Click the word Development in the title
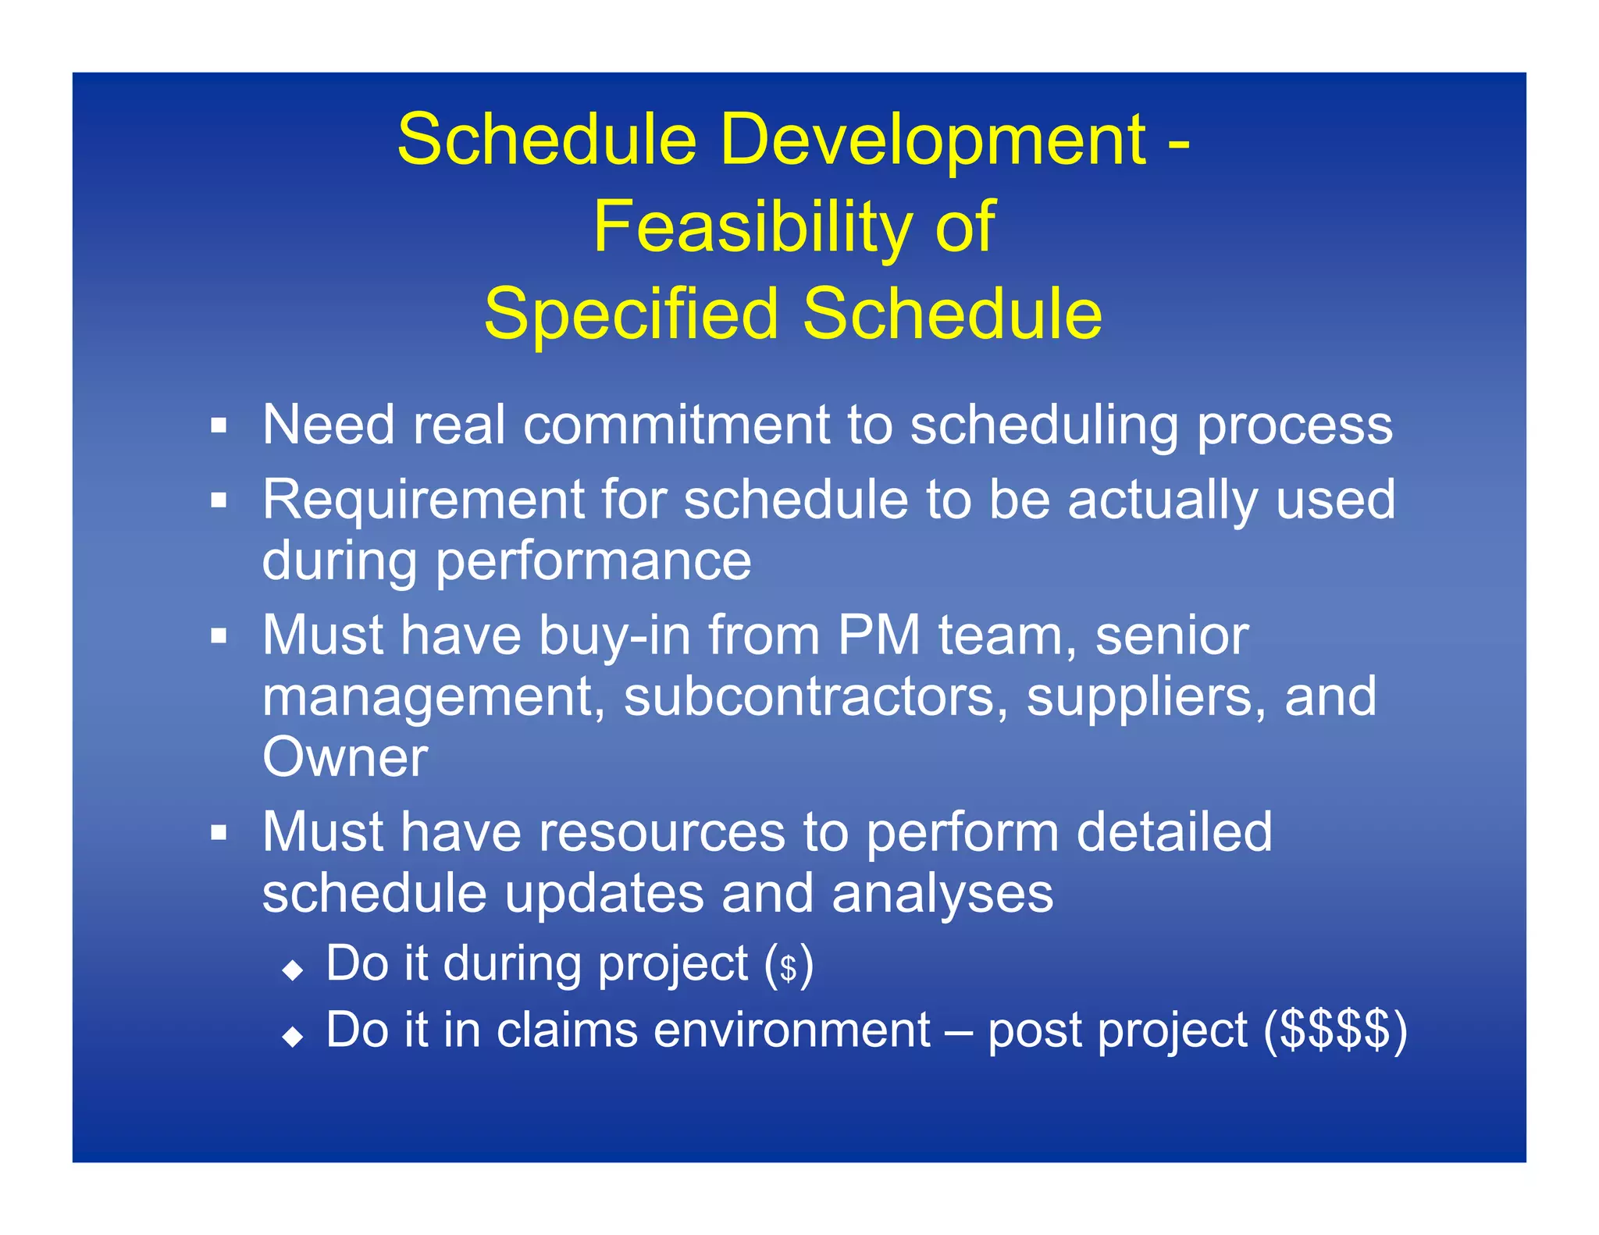tap(933, 141)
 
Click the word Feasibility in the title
tap(752, 228)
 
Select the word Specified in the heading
tap(631, 315)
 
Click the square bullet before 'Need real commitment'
tap(219, 426)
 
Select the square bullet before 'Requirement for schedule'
tap(219, 500)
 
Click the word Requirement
tap(424, 500)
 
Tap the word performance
tap(593, 561)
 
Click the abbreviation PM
tap(878, 635)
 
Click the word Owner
tap(345, 758)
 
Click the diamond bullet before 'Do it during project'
tap(293, 970)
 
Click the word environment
tap(792, 1030)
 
